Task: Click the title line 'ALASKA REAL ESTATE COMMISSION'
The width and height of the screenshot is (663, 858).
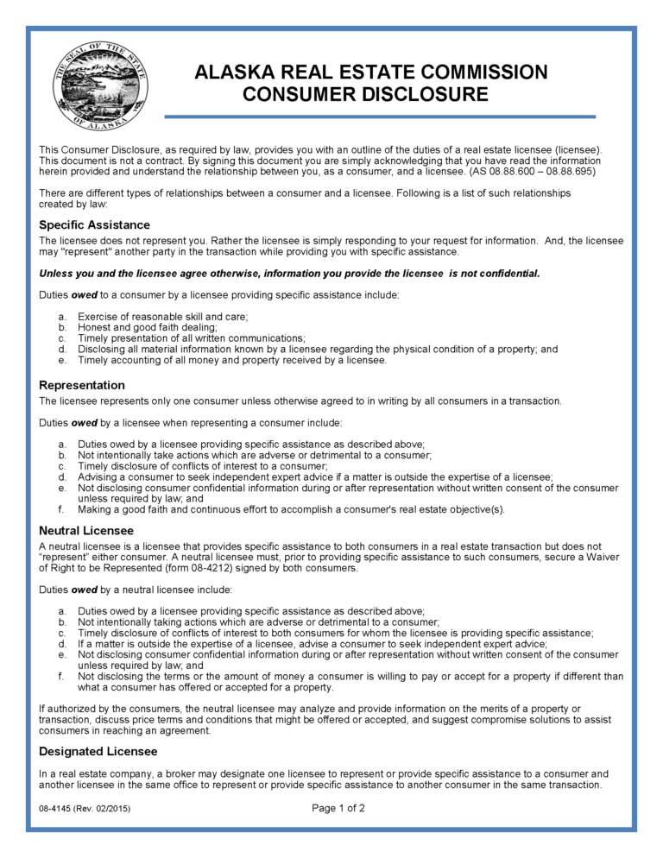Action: click(371, 73)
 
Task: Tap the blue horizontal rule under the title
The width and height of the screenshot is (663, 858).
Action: click(380, 117)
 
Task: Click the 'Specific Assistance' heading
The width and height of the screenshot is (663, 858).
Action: click(94, 225)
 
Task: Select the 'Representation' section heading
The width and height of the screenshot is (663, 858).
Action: click(82, 385)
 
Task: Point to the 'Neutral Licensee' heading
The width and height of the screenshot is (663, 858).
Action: click(86, 530)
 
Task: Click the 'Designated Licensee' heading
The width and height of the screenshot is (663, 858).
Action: click(98, 752)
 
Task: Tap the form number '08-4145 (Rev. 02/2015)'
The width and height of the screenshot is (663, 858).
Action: click(85, 810)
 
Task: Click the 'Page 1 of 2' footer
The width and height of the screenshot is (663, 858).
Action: click(338, 809)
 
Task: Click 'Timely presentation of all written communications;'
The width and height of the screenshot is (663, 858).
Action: click(191, 338)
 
